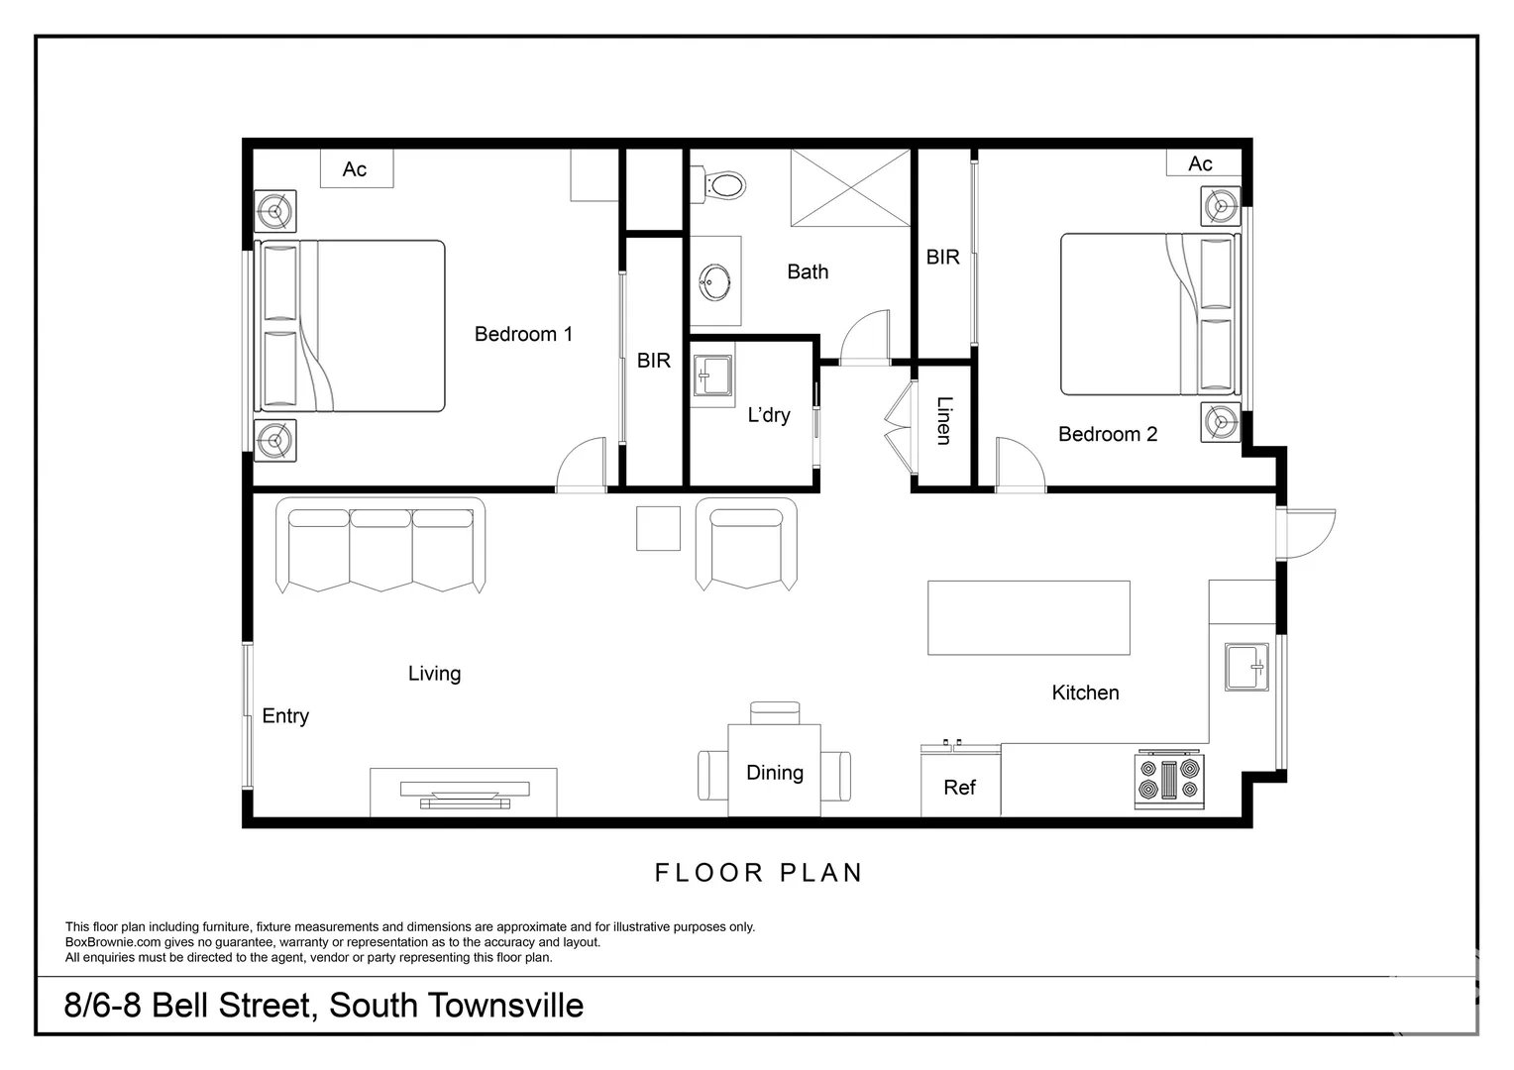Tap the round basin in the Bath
(715, 282)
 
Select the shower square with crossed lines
(849, 188)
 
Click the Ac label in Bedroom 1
(355, 169)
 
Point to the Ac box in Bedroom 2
(1202, 163)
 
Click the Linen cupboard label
(943, 420)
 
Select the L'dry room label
(769, 415)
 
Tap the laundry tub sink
(711, 374)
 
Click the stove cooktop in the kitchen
(1169, 779)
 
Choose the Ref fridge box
(959, 788)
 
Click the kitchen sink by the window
(1246, 667)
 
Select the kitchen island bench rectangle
(1028, 618)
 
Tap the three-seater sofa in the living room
(380, 545)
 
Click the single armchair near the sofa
(746, 545)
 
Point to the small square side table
(658, 528)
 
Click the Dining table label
(775, 773)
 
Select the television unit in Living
(464, 792)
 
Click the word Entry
(285, 716)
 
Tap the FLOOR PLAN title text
(759, 873)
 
